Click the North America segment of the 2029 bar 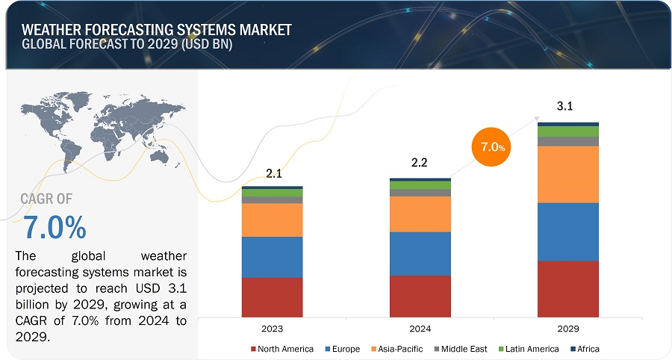click(x=568, y=288)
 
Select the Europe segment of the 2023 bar click(x=272, y=257)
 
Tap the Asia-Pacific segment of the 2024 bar click(x=420, y=214)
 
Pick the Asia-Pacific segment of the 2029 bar click(x=568, y=174)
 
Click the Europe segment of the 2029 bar click(x=568, y=232)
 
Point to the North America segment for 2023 click(x=272, y=297)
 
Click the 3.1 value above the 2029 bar click(x=565, y=107)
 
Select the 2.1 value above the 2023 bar click(x=274, y=174)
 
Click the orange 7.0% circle click(x=493, y=146)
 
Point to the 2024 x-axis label click(x=420, y=328)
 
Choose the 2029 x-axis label click(x=568, y=328)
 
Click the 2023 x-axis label click(x=272, y=328)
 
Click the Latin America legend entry click(x=531, y=349)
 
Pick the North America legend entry click(x=281, y=349)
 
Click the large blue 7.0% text click(x=54, y=226)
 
